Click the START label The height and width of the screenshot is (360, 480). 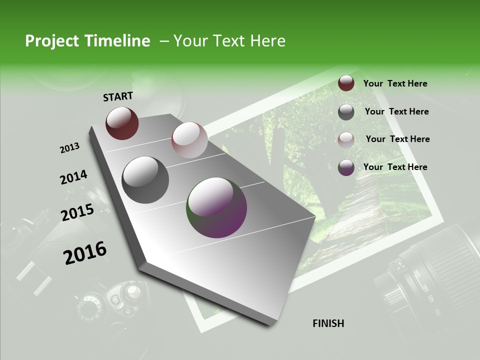click(x=118, y=96)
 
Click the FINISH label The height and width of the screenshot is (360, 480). click(x=328, y=323)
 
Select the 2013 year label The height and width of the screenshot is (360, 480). click(x=69, y=148)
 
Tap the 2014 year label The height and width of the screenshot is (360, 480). click(x=73, y=177)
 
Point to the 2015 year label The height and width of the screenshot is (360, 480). click(x=77, y=212)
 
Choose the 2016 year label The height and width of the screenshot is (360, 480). click(x=84, y=252)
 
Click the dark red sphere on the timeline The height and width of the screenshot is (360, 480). click(x=122, y=123)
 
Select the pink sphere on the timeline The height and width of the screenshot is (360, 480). click(x=189, y=139)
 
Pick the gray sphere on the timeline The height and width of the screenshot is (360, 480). click(x=145, y=180)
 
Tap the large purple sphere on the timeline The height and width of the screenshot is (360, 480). click(x=216, y=207)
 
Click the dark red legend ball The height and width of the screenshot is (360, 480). click(x=346, y=83)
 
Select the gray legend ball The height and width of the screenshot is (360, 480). click(x=346, y=112)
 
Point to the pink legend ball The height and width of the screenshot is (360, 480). click(x=346, y=139)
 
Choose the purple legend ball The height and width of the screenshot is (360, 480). click(x=346, y=167)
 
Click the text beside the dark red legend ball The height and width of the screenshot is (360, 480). click(x=395, y=84)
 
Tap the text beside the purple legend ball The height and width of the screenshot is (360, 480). click(x=395, y=167)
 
